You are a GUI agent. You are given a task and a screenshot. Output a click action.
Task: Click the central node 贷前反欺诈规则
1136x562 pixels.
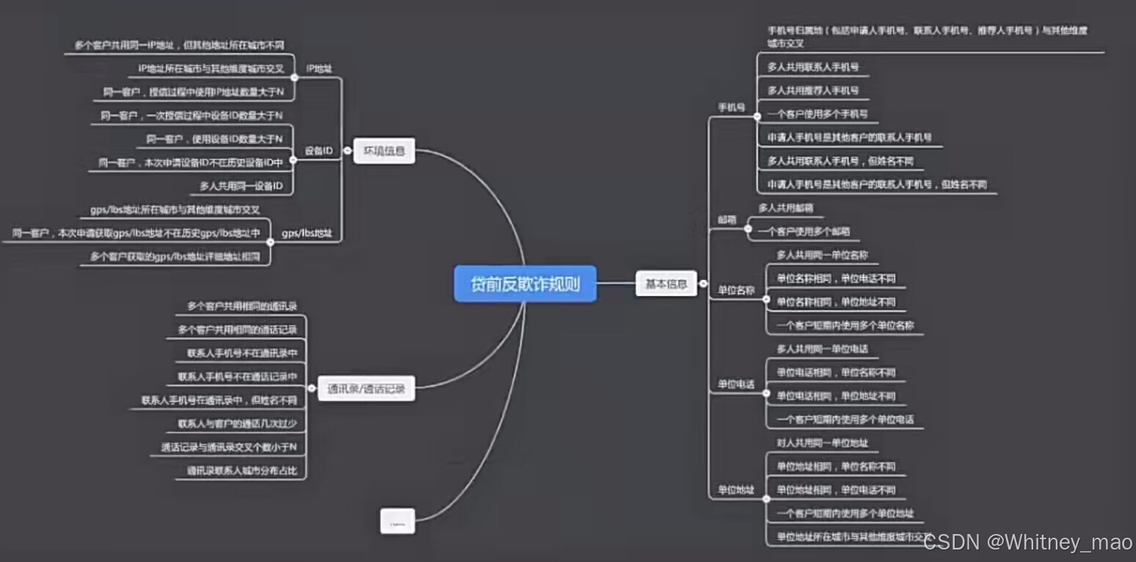click(x=525, y=284)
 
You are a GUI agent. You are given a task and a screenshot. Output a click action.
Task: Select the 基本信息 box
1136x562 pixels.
click(x=665, y=284)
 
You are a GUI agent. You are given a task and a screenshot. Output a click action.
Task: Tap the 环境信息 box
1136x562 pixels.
click(x=384, y=151)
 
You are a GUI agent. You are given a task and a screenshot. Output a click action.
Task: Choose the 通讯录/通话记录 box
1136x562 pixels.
click(x=366, y=389)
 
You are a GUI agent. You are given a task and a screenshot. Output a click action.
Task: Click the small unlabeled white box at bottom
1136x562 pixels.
click(x=397, y=521)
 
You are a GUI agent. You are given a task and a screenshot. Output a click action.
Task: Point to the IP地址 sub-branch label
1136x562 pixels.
click(x=319, y=68)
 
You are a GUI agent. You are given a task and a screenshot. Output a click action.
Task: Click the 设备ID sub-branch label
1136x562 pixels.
click(x=319, y=151)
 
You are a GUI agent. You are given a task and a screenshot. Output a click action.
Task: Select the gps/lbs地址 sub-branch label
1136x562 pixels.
click(x=307, y=234)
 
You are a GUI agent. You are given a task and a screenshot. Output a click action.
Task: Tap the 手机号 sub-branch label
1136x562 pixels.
click(x=731, y=108)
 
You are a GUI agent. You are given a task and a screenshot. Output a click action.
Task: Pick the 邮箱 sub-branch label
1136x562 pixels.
click(x=727, y=220)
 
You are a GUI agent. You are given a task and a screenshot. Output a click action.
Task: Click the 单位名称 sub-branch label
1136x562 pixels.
click(x=736, y=290)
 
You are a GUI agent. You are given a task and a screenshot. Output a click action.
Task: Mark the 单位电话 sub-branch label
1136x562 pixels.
click(x=736, y=384)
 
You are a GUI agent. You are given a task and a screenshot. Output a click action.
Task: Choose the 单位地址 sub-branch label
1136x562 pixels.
click(x=736, y=490)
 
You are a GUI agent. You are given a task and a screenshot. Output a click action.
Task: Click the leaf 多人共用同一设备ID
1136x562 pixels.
click(x=241, y=187)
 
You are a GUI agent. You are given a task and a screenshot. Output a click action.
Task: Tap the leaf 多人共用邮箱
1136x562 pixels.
click(x=786, y=208)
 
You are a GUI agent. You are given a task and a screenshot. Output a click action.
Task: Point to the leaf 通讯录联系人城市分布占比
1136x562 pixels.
click(x=242, y=471)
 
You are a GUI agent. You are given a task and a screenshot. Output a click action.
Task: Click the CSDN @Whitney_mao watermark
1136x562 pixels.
click(x=1027, y=543)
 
